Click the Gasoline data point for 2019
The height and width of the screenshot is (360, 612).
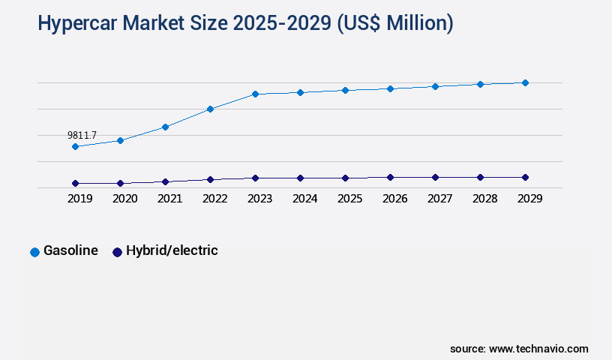[75, 146]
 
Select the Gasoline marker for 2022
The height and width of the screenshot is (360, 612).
[210, 109]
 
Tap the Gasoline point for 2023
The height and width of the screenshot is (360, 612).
[255, 94]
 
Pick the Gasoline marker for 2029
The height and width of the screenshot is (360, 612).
[525, 82]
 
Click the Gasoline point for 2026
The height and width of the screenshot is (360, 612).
[390, 88]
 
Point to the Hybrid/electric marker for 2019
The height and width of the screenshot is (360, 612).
[75, 183]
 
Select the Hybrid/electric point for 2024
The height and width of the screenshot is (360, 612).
[300, 178]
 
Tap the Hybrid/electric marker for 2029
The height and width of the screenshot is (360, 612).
[525, 177]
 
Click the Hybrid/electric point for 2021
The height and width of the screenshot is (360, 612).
[165, 181]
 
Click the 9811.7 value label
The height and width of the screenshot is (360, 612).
[82, 135]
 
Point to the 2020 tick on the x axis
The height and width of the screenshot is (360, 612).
[124, 199]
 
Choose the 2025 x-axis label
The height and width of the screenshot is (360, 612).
[349, 199]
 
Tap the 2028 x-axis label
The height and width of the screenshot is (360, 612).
[484, 199]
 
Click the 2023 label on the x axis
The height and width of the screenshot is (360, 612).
[259, 199]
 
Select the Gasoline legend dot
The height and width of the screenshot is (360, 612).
[34, 252]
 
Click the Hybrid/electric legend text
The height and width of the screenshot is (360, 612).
[172, 250]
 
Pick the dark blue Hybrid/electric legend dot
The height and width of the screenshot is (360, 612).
[117, 252]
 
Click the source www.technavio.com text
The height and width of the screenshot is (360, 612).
[519, 349]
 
